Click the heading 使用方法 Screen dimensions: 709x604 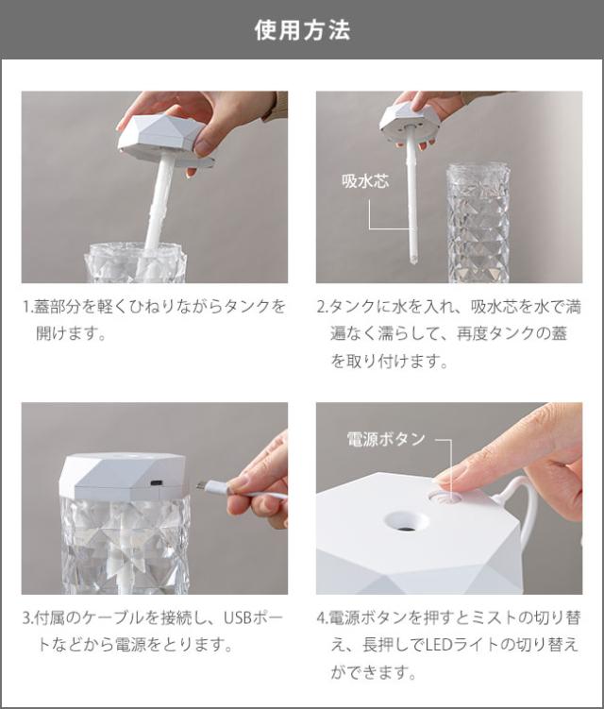click(302, 30)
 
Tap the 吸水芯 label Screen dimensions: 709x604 click(364, 181)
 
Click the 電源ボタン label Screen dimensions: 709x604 click(387, 439)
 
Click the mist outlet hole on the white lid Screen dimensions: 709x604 click(407, 520)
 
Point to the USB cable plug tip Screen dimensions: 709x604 click(200, 486)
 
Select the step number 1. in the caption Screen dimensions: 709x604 click(27, 308)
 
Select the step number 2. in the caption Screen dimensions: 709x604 click(322, 308)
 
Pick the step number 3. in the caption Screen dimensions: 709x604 click(27, 619)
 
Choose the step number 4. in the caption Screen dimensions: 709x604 click(322, 619)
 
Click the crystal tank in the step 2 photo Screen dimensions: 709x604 click(478, 222)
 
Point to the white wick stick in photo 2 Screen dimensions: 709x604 click(412, 208)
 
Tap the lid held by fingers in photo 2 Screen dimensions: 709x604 click(411, 121)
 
